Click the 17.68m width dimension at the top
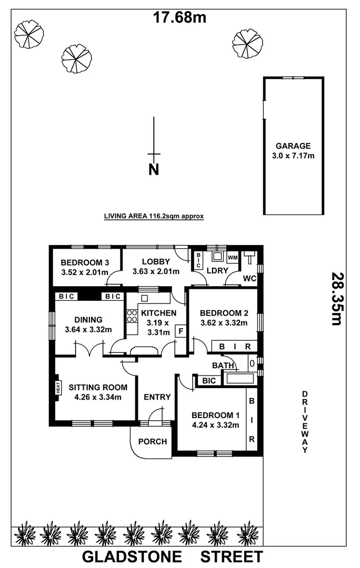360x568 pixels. tap(179, 17)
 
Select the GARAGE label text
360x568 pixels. tap(293, 146)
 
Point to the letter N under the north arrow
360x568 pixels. tap(154, 170)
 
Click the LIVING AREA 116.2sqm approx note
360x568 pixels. tap(154, 216)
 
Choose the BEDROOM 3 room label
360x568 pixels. tap(85, 263)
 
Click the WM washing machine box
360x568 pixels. tap(233, 257)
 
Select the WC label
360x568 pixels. tap(249, 278)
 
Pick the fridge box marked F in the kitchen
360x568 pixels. tap(181, 332)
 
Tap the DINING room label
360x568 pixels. tap(88, 320)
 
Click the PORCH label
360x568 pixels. tap(153, 441)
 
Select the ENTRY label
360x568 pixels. tap(157, 397)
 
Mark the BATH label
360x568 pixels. tap(223, 365)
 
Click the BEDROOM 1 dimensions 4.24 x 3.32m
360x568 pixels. tap(216, 425)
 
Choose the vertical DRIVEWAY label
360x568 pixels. tap(305, 422)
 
